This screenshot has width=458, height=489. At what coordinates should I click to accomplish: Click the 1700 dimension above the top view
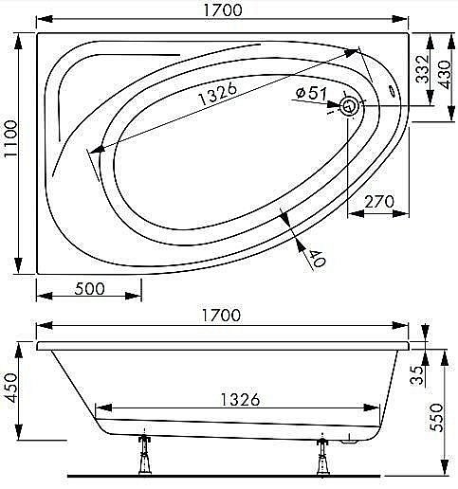click(223, 9)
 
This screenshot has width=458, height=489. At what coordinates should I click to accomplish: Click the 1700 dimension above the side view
click(221, 316)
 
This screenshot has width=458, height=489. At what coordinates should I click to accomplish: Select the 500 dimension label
click(89, 289)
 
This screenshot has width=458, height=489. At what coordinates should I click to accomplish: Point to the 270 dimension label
click(379, 202)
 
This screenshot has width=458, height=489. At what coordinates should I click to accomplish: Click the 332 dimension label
click(422, 69)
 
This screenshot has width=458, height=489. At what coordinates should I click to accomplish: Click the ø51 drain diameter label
click(311, 93)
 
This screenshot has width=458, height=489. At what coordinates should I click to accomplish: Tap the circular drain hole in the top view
click(350, 106)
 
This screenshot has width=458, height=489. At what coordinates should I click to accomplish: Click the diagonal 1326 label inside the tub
click(217, 94)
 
